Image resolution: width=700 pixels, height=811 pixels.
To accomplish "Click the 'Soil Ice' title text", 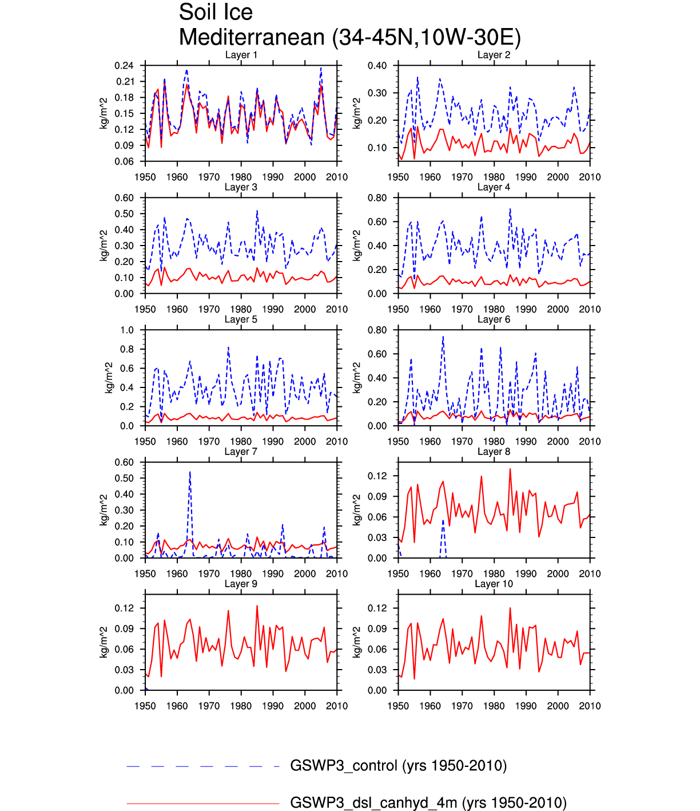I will pyautogui.click(x=216, y=13).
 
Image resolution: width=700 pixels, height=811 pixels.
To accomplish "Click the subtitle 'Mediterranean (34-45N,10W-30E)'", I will pyautogui.click(x=349, y=38).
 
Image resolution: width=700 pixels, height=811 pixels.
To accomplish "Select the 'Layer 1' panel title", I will pyautogui.click(x=241, y=55).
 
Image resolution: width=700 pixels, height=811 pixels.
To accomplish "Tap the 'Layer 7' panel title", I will pyautogui.click(x=241, y=452).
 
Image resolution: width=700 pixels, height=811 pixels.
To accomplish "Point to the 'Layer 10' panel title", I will pyautogui.click(x=494, y=584).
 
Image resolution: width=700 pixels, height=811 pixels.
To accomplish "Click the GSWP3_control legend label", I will pyautogui.click(x=398, y=766).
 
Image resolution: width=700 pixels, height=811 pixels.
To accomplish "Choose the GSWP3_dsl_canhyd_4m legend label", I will pyautogui.click(x=428, y=802).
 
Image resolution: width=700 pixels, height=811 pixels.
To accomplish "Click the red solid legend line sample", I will pyautogui.click(x=202, y=803).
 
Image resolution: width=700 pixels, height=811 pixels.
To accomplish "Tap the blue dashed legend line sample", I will pyautogui.click(x=202, y=766).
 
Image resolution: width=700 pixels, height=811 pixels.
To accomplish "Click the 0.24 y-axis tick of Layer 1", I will pyautogui.click(x=124, y=66).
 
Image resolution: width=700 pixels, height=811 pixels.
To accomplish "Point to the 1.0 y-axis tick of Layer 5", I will pyautogui.click(x=127, y=330).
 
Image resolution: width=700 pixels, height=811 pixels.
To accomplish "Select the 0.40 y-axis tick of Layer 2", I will pyautogui.click(x=377, y=66).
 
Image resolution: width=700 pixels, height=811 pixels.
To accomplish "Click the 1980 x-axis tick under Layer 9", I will pyautogui.click(x=241, y=706).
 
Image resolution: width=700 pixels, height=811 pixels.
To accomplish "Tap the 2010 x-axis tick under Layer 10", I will pyautogui.click(x=590, y=706).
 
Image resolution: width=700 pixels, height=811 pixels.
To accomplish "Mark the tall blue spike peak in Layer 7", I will pyautogui.click(x=190, y=472).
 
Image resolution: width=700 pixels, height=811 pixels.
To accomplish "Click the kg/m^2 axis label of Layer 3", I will pyautogui.click(x=104, y=246).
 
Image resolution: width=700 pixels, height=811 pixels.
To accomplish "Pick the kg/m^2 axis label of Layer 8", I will pyautogui.click(x=356, y=510).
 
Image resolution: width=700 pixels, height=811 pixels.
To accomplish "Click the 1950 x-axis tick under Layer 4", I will pyautogui.click(x=398, y=309).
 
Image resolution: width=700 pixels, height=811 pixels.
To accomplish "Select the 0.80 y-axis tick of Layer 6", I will pyautogui.click(x=377, y=330).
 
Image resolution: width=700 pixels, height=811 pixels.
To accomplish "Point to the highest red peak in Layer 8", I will pyautogui.click(x=510, y=469).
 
